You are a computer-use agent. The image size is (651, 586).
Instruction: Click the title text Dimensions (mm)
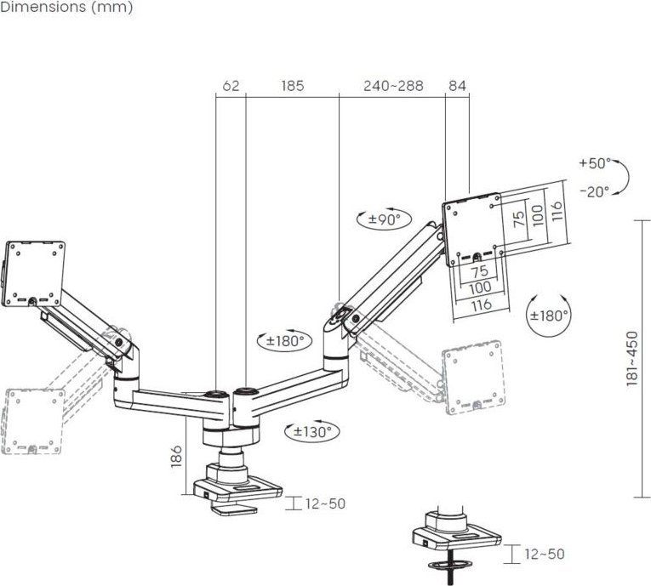pos(66,7)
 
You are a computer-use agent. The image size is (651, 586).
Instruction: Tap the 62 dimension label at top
pos(230,86)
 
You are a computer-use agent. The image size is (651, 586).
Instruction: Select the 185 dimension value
pos(292,86)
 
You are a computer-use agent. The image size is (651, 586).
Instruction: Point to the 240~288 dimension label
pos(392,86)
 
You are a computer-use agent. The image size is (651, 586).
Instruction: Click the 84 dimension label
pos(457,86)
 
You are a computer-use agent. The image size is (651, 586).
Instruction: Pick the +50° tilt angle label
pos(594,162)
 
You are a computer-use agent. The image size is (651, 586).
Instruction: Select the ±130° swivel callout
pos(310,431)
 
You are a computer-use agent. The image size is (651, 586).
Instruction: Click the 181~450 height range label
pos(631,357)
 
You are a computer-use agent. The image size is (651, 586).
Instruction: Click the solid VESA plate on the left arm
pos(35,272)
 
